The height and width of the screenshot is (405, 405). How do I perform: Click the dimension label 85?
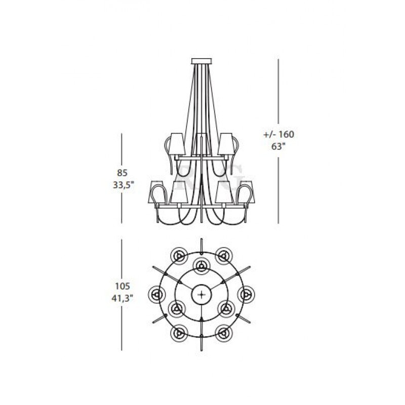coord(122,173)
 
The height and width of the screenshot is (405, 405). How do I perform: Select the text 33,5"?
coord(124,185)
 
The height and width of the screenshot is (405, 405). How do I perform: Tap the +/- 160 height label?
coord(279,134)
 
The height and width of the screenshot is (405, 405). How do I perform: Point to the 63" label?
coord(278,146)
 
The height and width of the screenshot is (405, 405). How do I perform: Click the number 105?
coord(123,286)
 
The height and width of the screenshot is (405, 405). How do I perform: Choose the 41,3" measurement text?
coord(123,298)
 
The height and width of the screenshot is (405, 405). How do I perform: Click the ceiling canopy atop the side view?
coord(201,61)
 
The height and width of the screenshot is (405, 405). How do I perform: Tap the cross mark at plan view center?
coord(201,294)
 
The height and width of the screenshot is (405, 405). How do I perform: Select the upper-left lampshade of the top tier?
coord(178,144)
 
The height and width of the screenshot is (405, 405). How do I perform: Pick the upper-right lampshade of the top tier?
coord(225,144)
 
